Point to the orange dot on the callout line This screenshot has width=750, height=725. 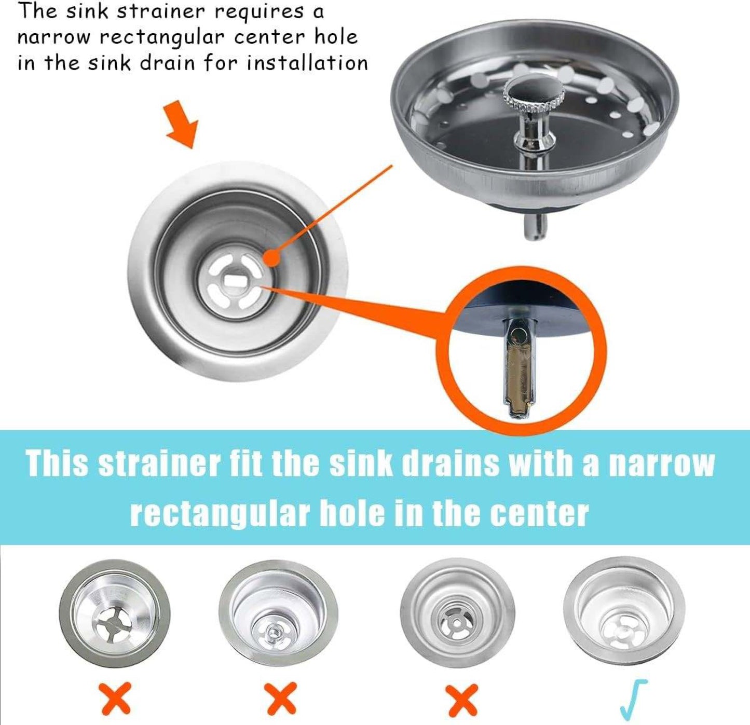click(x=273, y=258)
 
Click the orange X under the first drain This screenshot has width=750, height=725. click(x=115, y=697)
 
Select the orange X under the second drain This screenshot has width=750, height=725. click(x=281, y=697)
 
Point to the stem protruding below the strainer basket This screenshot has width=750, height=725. click(x=535, y=226)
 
